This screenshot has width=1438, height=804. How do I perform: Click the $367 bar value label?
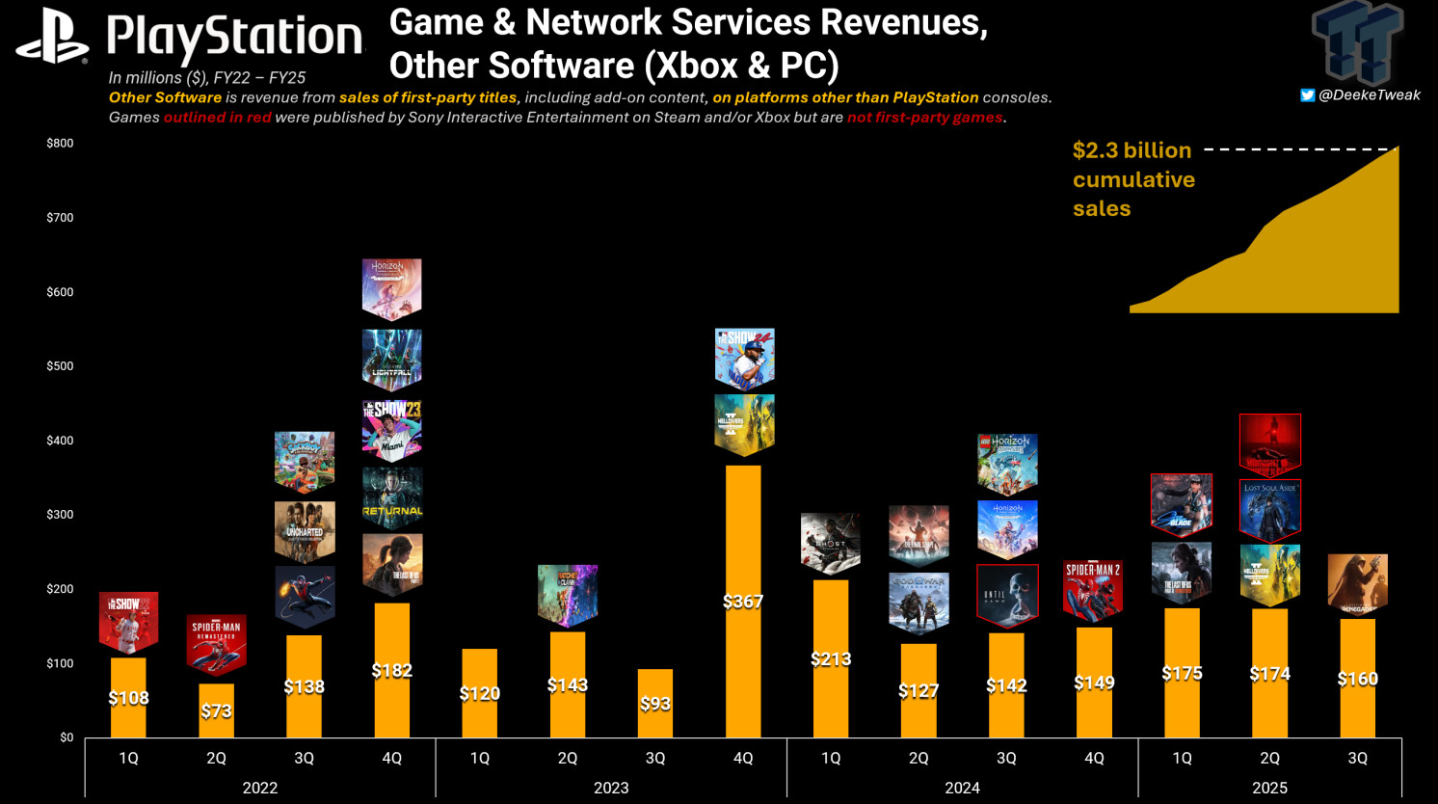(743, 602)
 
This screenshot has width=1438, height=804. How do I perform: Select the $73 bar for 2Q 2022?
(216, 710)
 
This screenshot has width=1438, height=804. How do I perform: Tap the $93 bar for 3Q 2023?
(655, 703)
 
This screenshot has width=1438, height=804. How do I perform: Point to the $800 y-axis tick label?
(60, 143)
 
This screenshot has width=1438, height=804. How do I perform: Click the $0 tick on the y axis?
(67, 737)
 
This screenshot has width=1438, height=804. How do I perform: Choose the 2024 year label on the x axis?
(962, 788)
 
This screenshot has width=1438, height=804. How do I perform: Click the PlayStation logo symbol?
(52, 38)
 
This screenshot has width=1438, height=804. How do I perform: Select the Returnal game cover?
(392, 498)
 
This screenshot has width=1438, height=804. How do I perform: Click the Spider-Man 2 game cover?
(1093, 589)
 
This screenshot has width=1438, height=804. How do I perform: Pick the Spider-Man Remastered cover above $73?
(216, 643)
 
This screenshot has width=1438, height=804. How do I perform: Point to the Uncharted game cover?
(305, 531)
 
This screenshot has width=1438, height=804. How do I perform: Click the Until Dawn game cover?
(1007, 595)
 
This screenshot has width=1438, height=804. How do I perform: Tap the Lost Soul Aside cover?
(1269, 510)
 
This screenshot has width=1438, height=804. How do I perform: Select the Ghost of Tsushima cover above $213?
(830, 543)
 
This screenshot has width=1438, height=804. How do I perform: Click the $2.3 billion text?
(1132, 150)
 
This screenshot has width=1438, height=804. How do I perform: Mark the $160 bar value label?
(1357, 679)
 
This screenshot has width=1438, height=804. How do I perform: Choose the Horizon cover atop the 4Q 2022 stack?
(392, 287)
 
